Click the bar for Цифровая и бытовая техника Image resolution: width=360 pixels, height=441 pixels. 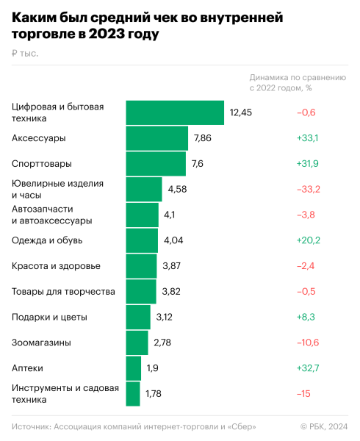(x=175, y=112)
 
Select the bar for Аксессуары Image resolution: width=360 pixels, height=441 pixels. (x=157, y=138)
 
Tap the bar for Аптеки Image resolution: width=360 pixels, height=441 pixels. (x=133, y=368)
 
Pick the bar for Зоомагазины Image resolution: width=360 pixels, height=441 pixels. (x=137, y=343)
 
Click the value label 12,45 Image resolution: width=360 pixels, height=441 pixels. (x=240, y=112)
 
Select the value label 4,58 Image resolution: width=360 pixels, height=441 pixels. (x=178, y=190)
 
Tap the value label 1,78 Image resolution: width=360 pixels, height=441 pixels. (x=153, y=394)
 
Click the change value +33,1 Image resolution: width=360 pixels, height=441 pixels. (x=307, y=138)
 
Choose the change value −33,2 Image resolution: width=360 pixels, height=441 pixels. (x=308, y=190)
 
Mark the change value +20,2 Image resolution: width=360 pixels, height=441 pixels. (x=307, y=240)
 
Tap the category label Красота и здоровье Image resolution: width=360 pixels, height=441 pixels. (x=57, y=266)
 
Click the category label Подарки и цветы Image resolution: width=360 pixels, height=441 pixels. (x=49, y=318)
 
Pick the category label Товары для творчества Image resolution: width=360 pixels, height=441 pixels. (x=63, y=292)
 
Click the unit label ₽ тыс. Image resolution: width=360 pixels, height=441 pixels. (x=25, y=53)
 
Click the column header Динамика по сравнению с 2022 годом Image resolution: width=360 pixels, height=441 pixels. (x=297, y=82)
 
